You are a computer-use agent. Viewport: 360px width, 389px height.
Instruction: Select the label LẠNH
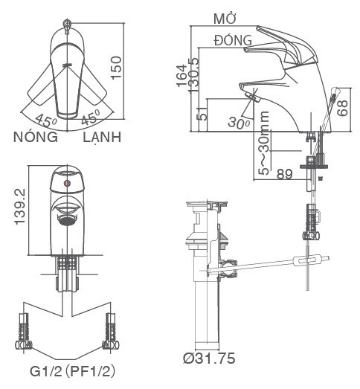pyautogui.click(x=102, y=138)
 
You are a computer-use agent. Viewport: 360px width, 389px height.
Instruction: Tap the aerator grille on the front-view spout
pyautogui.click(x=67, y=220)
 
